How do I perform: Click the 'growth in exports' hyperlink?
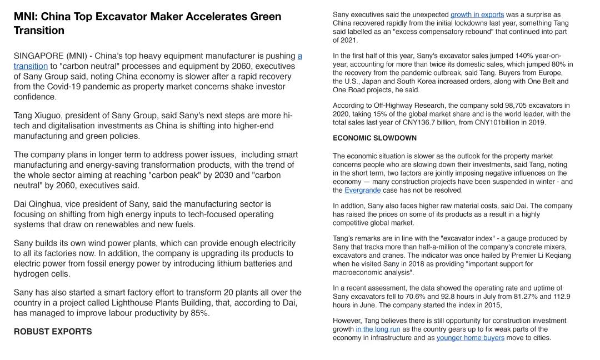point(477,14)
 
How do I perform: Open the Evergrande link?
point(362,190)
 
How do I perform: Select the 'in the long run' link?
point(378,329)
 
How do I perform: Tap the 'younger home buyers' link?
point(470,338)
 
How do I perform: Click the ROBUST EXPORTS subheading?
point(53,332)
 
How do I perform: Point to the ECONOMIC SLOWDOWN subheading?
point(374,138)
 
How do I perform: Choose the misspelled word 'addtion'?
point(353,206)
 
